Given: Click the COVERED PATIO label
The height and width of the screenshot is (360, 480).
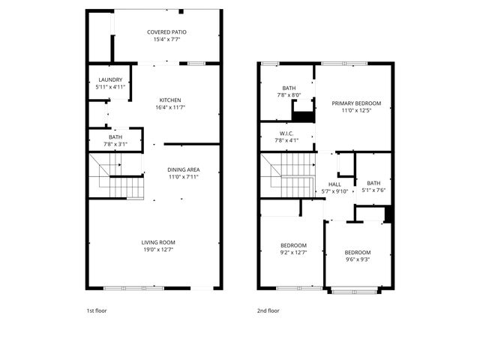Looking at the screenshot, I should (x=166, y=32).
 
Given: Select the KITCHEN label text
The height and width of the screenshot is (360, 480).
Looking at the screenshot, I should (x=170, y=100).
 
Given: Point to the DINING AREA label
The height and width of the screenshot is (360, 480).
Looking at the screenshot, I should (x=183, y=169).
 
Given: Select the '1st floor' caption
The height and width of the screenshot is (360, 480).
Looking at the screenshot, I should (x=97, y=310).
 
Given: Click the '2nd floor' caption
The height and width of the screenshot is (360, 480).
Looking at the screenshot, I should (x=268, y=310).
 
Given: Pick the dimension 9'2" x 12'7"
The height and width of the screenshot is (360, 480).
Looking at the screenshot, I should (x=293, y=253).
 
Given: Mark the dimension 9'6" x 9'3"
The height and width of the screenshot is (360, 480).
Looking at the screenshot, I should (x=358, y=259).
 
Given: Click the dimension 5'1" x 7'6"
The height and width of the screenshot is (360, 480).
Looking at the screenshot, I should (x=373, y=190).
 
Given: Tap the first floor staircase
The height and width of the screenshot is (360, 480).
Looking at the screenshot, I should (x=117, y=177).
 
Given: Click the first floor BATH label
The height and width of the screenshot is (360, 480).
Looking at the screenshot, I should (x=115, y=136).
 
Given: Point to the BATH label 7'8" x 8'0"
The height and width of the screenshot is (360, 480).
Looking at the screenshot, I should (x=289, y=88).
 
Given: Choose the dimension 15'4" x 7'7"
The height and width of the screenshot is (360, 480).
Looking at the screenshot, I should (x=166, y=39).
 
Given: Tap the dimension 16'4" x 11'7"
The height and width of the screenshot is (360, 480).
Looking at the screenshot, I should (x=170, y=107).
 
